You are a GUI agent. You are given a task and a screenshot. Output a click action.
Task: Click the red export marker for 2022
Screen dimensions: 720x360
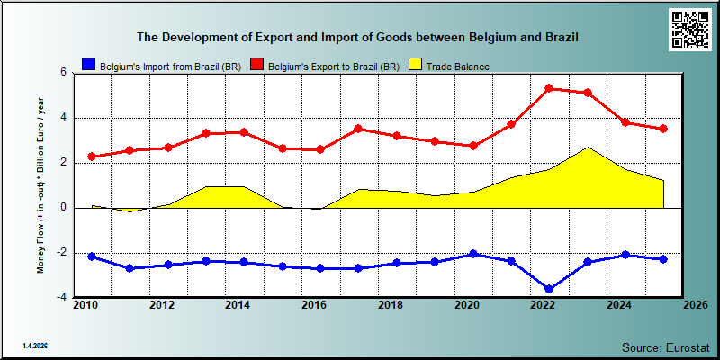549,88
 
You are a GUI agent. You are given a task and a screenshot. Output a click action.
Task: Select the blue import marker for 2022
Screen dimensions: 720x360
549,289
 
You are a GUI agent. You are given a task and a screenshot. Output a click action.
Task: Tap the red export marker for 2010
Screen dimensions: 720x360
92,157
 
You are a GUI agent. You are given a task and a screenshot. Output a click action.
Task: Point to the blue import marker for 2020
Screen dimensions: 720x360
473,254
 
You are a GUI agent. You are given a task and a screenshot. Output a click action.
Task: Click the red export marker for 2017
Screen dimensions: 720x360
358,129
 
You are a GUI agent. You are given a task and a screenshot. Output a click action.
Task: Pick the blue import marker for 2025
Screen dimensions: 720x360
663,259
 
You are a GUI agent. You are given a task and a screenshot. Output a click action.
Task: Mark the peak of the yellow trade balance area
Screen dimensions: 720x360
588,148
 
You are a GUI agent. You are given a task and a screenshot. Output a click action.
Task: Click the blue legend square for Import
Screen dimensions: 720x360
88,65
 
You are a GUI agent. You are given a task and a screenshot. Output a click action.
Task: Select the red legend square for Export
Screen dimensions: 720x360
256,65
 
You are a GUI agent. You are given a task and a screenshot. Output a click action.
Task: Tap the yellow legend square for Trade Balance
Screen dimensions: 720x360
415,65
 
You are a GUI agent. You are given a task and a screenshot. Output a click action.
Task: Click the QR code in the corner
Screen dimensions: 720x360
690,30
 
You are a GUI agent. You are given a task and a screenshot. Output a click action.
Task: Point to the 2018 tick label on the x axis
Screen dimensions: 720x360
391,305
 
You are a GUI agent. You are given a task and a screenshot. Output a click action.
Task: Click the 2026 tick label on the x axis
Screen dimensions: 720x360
695,305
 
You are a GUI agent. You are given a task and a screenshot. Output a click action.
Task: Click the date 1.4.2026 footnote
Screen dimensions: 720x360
35,346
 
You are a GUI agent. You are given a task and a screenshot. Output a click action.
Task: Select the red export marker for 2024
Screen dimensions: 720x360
625,122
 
